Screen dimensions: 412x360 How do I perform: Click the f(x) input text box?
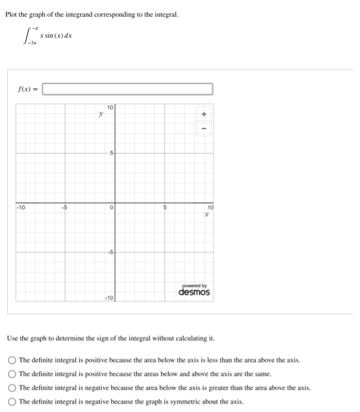[127, 89]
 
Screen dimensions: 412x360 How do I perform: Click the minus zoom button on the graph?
[203, 130]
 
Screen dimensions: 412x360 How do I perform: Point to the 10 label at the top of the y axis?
[110, 108]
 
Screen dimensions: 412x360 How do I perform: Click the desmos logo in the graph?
[194, 292]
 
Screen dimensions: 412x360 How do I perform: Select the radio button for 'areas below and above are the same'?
[12, 373]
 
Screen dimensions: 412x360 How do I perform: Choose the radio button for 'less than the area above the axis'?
[12, 360]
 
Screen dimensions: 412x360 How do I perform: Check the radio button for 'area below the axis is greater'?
[12, 388]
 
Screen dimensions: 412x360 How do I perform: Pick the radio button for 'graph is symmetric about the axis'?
[12, 401]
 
